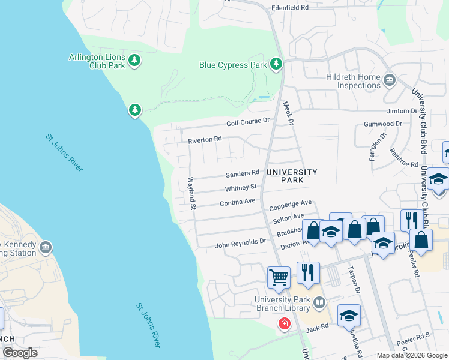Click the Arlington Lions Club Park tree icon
click(135, 60)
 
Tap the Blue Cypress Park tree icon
click(276, 64)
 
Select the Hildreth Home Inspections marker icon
click(389, 80)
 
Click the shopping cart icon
click(279, 277)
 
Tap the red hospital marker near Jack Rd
click(283, 324)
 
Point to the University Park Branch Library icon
click(320, 304)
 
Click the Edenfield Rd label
click(289, 8)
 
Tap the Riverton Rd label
click(205, 139)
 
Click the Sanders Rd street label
click(242, 175)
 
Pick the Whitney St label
click(241, 188)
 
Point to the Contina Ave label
click(238, 203)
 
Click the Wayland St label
click(192, 194)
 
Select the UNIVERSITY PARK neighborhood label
click(292, 176)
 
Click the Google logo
click(20, 352)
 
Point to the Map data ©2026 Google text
click(411, 355)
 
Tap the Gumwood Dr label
click(382, 124)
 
